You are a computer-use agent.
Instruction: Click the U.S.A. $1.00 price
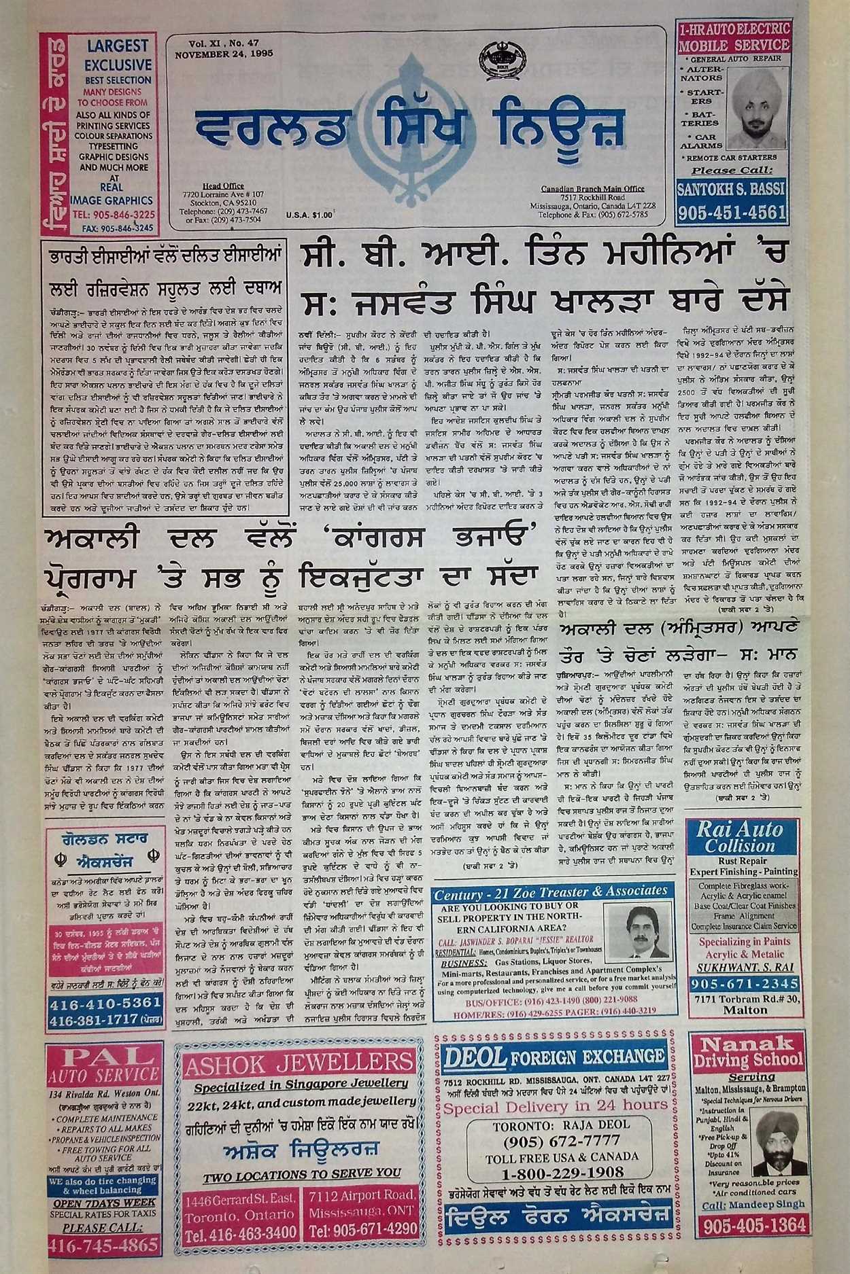point(309,215)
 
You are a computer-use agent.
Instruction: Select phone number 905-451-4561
point(732,212)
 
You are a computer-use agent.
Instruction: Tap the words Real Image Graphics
point(111,194)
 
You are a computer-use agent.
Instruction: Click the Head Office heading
point(223,185)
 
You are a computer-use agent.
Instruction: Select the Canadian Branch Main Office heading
point(593,188)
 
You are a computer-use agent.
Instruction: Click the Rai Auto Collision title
point(740,836)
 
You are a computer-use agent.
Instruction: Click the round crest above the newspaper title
point(498,59)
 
